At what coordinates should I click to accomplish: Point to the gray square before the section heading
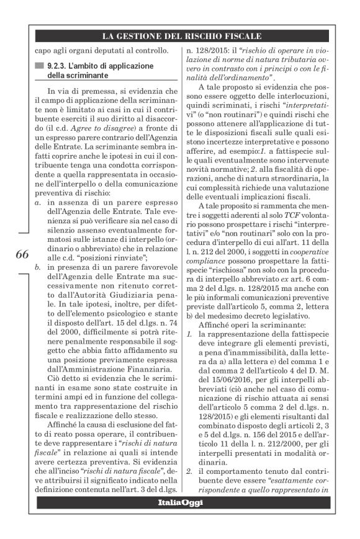(40, 65)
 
